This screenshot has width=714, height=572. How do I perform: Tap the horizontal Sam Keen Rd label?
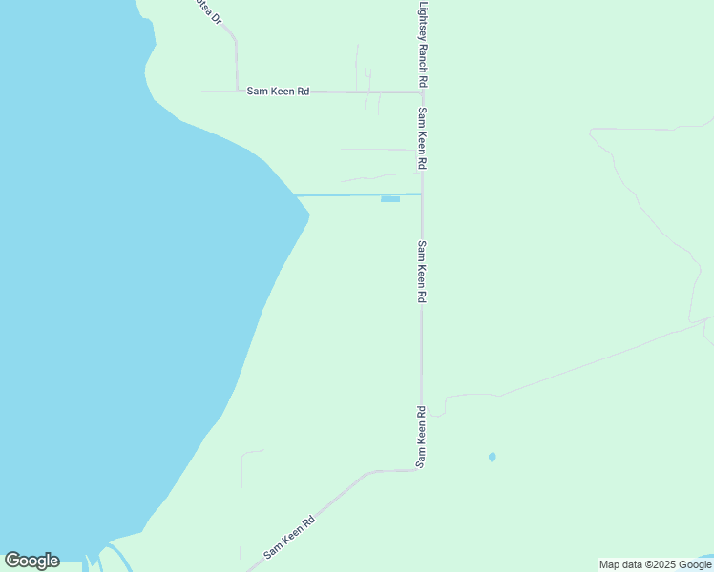tap(278, 92)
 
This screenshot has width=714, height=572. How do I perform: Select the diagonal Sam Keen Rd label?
tap(289, 538)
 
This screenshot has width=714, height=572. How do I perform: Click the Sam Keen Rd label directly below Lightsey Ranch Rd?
tap(422, 138)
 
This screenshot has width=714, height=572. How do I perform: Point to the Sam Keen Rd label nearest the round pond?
tap(420, 437)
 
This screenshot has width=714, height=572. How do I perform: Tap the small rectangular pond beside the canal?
tap(389, 199)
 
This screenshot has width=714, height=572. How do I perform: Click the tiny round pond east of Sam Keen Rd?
tap(493, 458)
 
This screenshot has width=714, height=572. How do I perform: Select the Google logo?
tap(31, 561)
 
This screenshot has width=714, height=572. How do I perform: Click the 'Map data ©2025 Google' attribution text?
tap(655, 564)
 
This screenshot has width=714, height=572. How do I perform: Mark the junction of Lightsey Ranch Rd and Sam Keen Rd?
tap(422, 92)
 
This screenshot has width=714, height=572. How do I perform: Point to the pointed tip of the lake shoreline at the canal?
tap(308, 214)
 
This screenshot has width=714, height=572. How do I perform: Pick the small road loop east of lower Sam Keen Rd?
tap(436, 411)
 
